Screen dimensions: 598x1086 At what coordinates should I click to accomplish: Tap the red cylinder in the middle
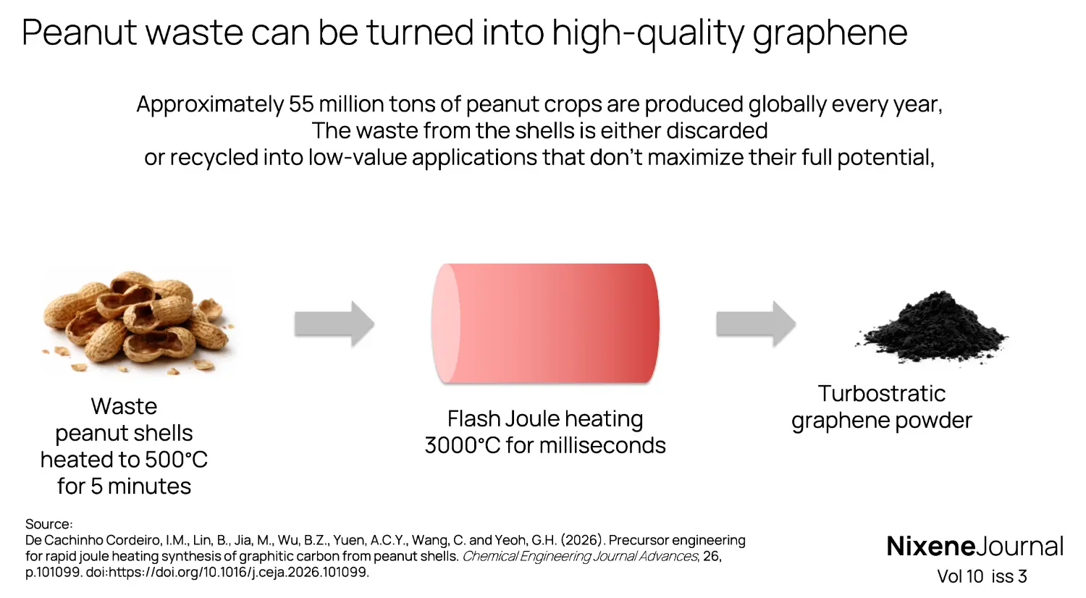(x=545, y=323)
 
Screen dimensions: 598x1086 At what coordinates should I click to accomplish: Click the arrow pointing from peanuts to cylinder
(x=334, y=324)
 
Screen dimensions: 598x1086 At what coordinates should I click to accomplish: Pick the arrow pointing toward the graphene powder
(x=755, y=324)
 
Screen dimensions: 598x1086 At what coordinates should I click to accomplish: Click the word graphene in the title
(x=830, y=33)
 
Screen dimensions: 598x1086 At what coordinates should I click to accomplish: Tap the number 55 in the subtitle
(x=301, y=104)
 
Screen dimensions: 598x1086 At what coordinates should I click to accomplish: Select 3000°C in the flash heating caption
(x=462, y=445)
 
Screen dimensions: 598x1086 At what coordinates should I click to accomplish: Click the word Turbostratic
(x=881, y=394)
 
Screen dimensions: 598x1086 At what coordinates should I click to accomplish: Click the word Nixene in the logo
(x=930, y=546)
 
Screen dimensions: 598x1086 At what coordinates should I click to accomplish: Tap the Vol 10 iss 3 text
(x=982, y=576)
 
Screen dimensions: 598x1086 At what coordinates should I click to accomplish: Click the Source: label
(x=49, y=524)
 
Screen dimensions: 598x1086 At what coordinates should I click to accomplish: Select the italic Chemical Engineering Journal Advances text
(x=580, y=557)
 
